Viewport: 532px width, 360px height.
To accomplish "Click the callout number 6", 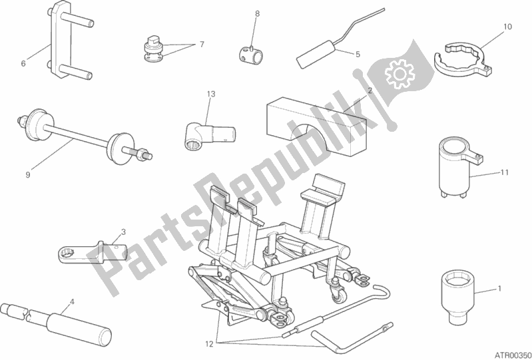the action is [x=23, y=63].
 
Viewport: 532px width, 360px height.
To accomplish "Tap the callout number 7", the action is [x=202, y=45].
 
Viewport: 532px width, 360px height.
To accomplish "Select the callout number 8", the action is [x=257, y=14].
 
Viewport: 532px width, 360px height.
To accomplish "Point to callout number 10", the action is [x=507, y=27].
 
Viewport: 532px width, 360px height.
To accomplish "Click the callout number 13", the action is [x=211, y=94].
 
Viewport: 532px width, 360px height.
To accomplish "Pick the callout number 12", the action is [x=209, y=345].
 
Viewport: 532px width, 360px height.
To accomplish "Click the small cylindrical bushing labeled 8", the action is [x=250, y=54].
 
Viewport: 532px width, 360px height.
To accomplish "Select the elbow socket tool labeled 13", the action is [x=209, y=135].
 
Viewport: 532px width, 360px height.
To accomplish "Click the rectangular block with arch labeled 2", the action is [x=316, y=124].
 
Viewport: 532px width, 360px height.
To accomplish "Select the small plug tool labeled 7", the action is [x=152, y=50].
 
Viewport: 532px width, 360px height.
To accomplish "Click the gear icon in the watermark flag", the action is [x=400, y=74].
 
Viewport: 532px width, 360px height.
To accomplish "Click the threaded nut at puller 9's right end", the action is [x=142, y=154].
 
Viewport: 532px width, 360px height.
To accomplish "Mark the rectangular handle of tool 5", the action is [x=316, y=55].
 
